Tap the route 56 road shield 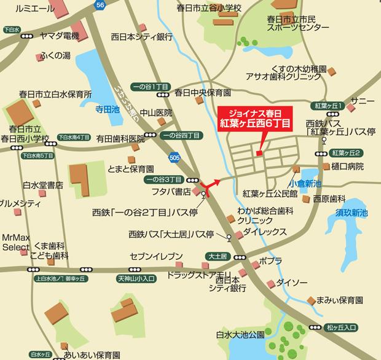click(101, 5)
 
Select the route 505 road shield click(174, 157)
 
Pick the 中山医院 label click(153, 112)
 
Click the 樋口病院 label click(347, 166)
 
